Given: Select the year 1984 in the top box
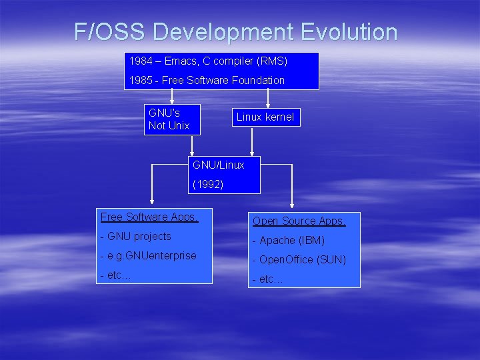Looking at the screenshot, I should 140,61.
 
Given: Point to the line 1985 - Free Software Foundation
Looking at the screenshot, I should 207,80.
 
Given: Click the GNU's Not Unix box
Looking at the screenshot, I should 172,119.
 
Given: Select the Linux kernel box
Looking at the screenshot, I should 265,117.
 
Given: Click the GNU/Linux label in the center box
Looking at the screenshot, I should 218,165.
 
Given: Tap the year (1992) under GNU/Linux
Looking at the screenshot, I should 208,185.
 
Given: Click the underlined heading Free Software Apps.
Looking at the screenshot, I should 149,217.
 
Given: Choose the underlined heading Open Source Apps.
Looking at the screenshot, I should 299,221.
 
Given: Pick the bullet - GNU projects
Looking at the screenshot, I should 136,237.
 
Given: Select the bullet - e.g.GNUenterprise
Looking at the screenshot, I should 149,256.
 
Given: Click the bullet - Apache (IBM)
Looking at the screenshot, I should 289,240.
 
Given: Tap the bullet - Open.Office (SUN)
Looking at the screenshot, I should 299,260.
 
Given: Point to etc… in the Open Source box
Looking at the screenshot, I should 268,279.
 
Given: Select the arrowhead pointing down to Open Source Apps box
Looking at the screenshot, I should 291,205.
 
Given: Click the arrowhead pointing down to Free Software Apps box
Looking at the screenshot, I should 152,199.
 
